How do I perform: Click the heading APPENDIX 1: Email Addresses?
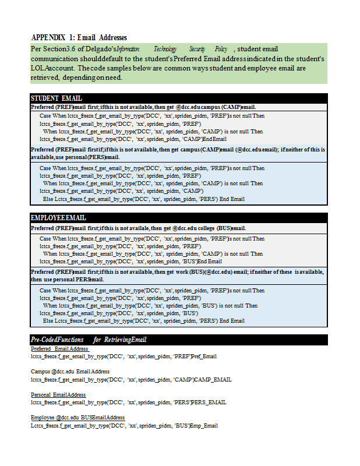[79, 37]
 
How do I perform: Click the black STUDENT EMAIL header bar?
[178, 98]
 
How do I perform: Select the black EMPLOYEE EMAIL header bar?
[178, 217]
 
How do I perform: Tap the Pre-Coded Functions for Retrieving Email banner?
[178, 340]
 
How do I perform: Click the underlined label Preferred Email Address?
[59, 348]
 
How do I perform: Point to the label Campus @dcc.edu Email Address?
[70, 372]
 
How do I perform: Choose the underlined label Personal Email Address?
[58, 394]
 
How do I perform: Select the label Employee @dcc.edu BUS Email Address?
[77, 418]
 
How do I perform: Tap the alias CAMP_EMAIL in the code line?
[213, 379]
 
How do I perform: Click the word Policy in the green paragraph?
[221, 50]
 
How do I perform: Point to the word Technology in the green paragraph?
[165, 50]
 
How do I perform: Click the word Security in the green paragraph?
[197, 50]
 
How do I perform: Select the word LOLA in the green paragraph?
[38, 68]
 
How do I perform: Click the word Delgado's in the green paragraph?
[101, 50]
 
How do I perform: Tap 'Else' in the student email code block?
[48, 199]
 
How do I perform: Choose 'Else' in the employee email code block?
[48, 320]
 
